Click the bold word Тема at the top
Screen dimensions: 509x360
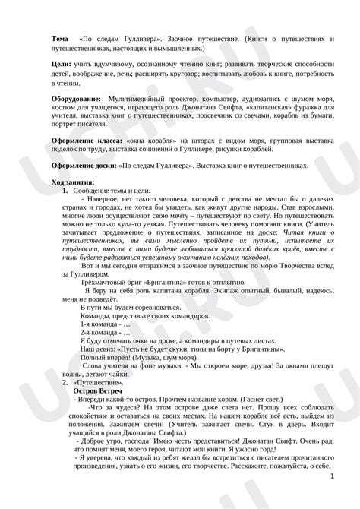(x=60, y=37)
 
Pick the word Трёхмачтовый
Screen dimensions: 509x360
(x=106, y=280)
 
